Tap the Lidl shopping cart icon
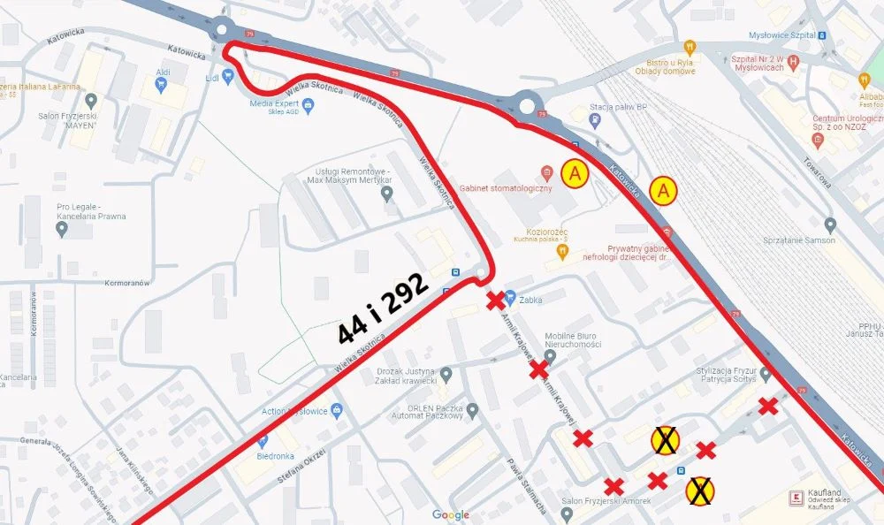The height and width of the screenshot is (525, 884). click(228, 77)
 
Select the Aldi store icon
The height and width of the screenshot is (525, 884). click(160, 84)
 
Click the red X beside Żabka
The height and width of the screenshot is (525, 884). click(496, 301)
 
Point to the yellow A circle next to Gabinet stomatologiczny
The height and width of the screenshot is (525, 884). click(575, 174)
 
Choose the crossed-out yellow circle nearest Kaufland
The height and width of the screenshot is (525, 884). click(700, 491)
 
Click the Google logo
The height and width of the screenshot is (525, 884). click(451, 514)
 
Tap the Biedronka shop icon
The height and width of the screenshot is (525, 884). click(263, 441)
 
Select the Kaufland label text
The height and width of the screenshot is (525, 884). click(824, 492)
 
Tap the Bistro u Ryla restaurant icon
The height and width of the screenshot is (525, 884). click(690, 47)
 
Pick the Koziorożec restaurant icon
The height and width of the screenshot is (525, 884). click(560, 251)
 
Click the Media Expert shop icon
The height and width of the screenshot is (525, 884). click(307, 106)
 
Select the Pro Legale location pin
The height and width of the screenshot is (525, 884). click(61, 229)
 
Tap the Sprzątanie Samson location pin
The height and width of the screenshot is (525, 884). click(829, 225)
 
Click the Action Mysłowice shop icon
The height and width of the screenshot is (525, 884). click(336, 411)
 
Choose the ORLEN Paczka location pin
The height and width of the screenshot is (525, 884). click(472, 410)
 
